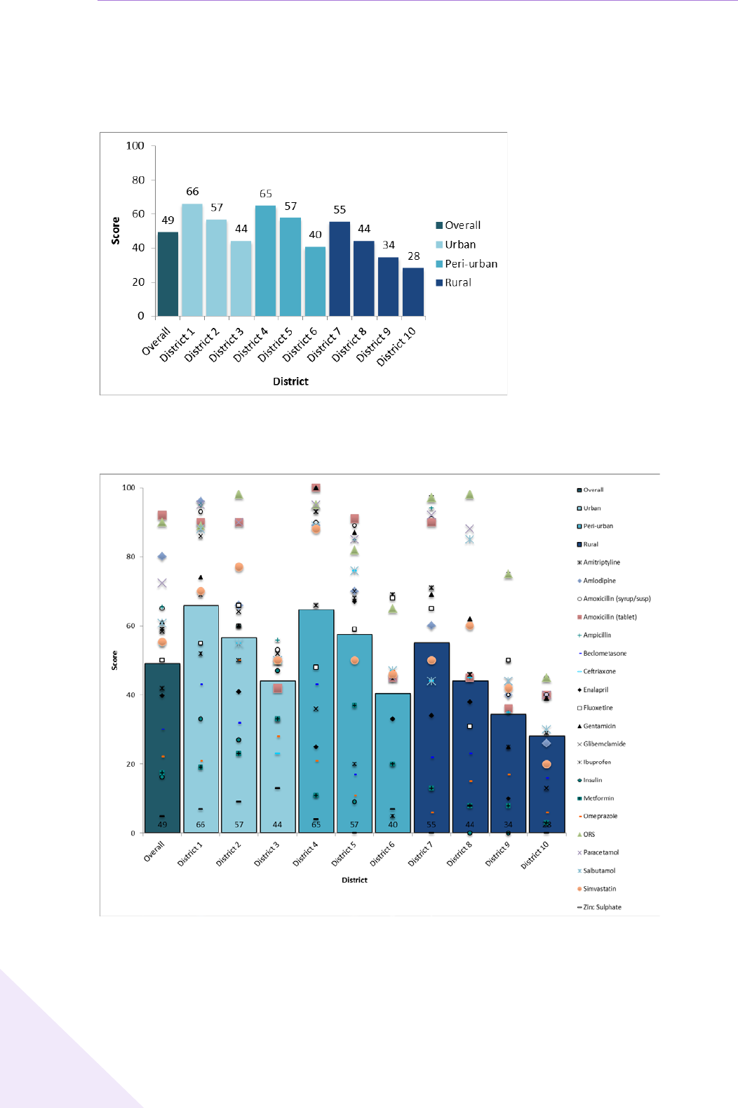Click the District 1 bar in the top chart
pos(192,260)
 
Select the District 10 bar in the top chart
pos(413,291)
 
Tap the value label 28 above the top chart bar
pos(414,256)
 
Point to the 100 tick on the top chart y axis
pos(135,146)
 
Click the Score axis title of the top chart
pos(116,230)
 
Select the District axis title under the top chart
pos(290,381)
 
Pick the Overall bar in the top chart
pos(168,274)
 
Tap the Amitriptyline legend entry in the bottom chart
pos(601,562)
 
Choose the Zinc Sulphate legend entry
pos(602,907)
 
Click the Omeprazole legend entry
pos(600,816)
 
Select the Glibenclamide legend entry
pos(604,744)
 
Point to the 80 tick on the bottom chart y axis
pos(130,557)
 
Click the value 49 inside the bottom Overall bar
pos(162,824)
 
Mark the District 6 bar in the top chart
pos(315,281)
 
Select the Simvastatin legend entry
pos(599,889)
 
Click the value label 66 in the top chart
pos(192,192)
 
